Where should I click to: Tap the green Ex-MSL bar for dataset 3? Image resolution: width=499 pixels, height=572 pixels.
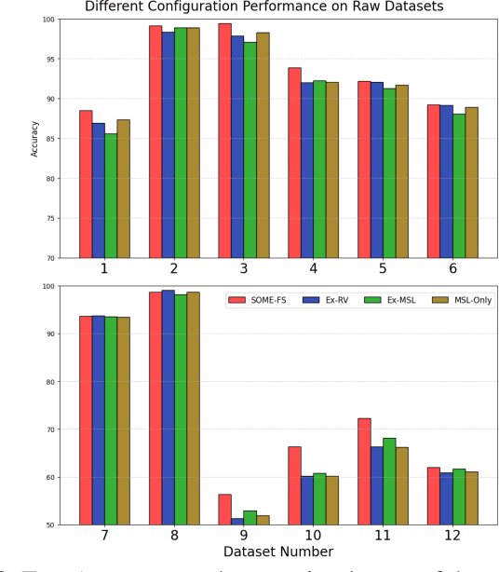point(249,150)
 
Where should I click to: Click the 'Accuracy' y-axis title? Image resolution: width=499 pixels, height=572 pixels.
point(35,138)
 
